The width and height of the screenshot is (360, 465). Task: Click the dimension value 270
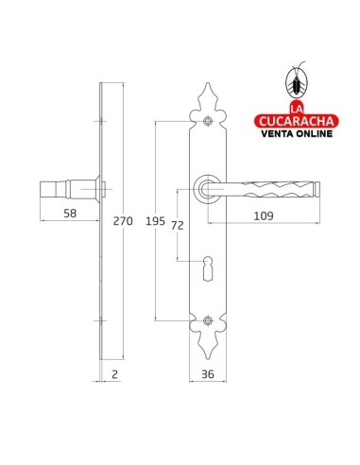[123, 221]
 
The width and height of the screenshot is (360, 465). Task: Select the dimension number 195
[155, 221]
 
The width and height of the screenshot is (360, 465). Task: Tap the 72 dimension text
[178, 226]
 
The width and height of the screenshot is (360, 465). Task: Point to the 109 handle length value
[264, 216]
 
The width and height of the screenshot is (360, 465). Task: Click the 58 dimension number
[70, 214]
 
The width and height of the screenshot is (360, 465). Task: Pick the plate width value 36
[208, 374]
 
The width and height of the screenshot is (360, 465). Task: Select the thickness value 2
[114, 374]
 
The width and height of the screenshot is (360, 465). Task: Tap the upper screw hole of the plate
[208, 121]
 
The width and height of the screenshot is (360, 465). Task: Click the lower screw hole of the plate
[208, 320]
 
